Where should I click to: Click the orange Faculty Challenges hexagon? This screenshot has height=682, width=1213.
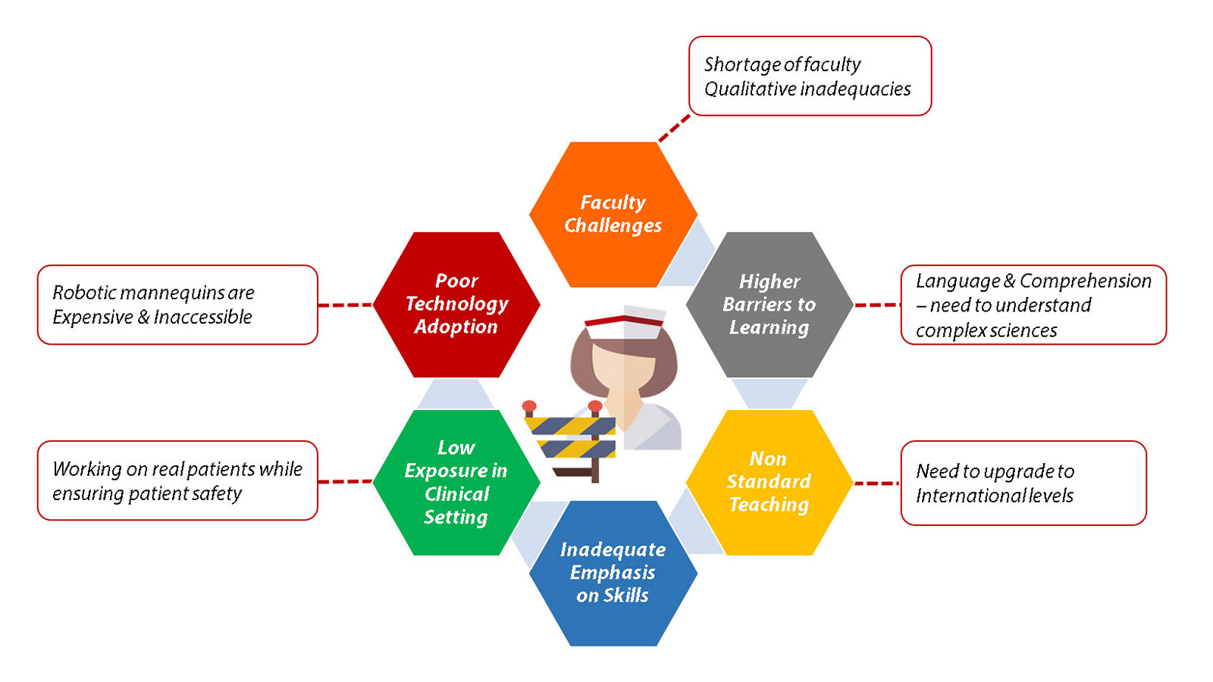click(x=613, y=214)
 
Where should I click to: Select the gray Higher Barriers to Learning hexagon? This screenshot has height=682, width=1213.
click(x=769, y=305)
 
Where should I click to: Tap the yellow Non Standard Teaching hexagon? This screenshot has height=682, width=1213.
click(x=769, y=482)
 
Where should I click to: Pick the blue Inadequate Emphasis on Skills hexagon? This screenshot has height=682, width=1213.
click(x=613, y=573)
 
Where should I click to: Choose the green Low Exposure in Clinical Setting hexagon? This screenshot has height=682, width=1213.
click(x=456, y=482)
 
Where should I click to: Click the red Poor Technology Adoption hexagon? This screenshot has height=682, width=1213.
click(x=456, y=305)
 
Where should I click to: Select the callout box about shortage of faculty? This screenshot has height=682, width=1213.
click(x=809, y=76)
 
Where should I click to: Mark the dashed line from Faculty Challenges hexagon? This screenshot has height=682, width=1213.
click(x=674, y=128)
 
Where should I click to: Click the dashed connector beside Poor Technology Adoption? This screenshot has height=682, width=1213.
click(x=345, y=305)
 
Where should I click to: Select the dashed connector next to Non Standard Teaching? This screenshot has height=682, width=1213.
click(x=876, y=483)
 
